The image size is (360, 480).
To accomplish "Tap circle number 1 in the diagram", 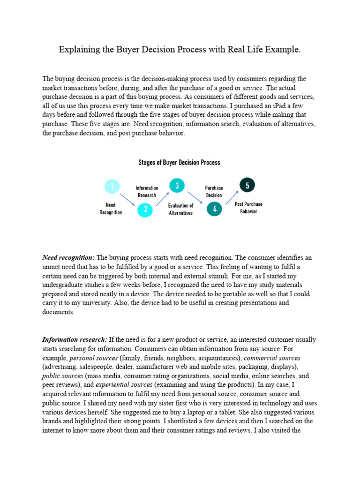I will point(112,187).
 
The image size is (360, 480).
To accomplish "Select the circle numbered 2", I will point(145,210).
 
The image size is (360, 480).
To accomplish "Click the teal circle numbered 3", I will point(177,186).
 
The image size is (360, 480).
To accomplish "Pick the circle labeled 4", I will point(215,210).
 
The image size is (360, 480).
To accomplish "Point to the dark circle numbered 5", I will point(247,185).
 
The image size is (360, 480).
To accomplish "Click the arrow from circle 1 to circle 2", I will point(127,199).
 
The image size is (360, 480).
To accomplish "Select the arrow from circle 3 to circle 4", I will point(195,197).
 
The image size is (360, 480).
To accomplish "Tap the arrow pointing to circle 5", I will point(232,197).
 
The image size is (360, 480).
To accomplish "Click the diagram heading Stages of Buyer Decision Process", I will point(179,163).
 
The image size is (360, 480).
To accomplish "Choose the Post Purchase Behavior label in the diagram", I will point(248,208).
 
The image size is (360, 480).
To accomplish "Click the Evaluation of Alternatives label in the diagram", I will point(180,209).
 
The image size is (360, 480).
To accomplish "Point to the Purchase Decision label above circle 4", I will point(214,191).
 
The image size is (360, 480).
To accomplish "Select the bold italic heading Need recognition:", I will point(68,258).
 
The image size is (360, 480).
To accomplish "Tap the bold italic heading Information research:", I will point(75,339).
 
